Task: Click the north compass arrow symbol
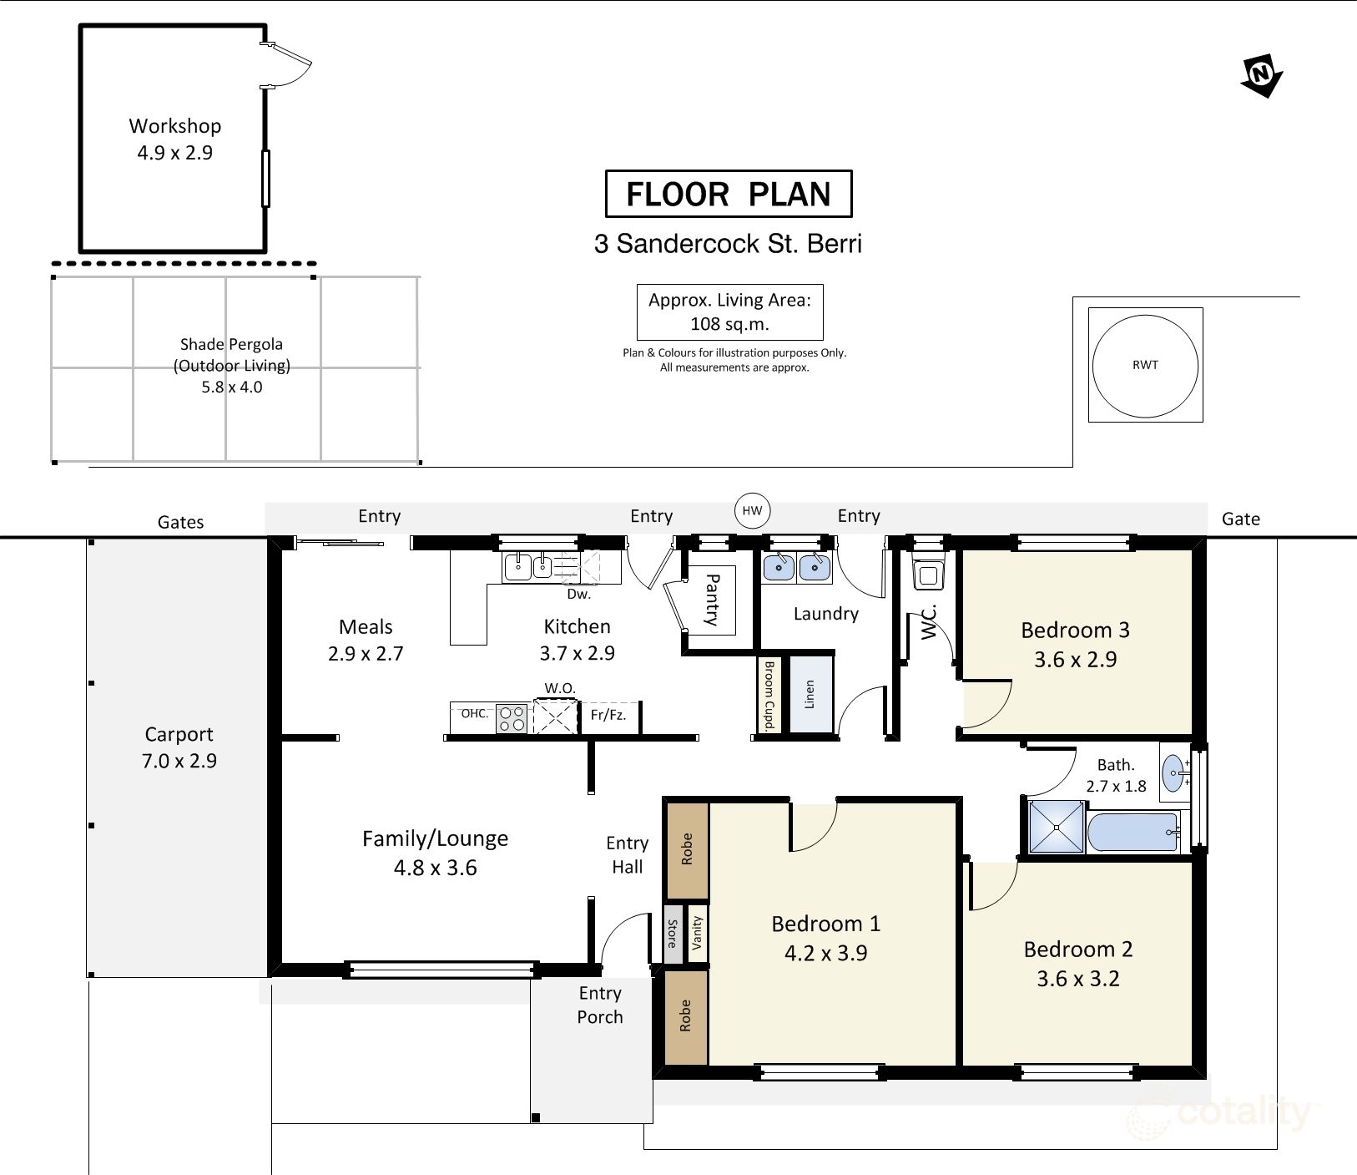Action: [x=1262, y=76]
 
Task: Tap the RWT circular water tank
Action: [x=1145, y=365]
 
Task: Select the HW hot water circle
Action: [x=752, y=511]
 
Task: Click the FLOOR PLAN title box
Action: [x=729, y=194]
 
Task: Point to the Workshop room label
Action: [x=175, y=126]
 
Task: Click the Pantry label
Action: [x=712, y=600]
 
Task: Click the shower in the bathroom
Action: [x=1057, y=827]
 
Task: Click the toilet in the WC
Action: [x=927, y=567]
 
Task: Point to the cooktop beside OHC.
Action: [x=512, y=718]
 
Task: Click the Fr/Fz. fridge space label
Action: [x=608, y=715]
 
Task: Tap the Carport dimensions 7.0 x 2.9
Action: [x=179, y=761]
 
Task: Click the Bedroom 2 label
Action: [x=1078, y=950]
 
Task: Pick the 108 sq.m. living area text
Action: [x=730, y=324]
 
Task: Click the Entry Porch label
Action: [x=600, y=1005]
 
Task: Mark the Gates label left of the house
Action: [x=181, y=522]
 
